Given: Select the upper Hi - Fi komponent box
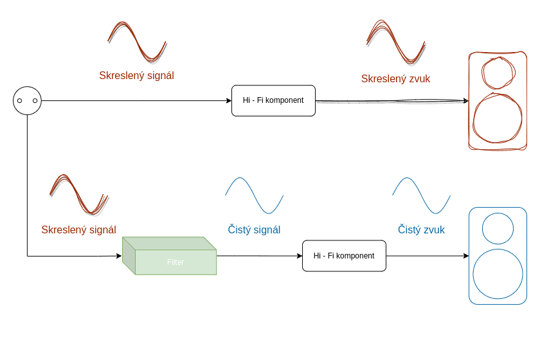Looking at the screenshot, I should pyautogui.click(x=273, y=101).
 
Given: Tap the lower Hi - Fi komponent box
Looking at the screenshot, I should pyautogui.click(x=344, y=256).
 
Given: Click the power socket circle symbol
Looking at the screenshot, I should pyautogui.click(x=27, y=101).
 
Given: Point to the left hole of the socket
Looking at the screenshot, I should pyautogui.click(x=19, y=101).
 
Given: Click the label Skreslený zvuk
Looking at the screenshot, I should pyautogui.click(x=395, y=79).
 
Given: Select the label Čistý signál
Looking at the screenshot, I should pyautogui.click(x=254, y=230).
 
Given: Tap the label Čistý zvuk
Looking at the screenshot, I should pyautogui.click(x=421, y=230).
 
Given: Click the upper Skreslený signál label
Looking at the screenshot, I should pyautogui.click(x=136, y=76).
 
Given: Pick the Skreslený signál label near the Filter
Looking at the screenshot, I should pyautogui.click(x=78, y=230).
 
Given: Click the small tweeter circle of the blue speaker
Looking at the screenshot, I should pyautogui.click(x=498, y=228).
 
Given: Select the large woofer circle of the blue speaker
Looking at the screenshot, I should pyautogui.click(x=498, y=274).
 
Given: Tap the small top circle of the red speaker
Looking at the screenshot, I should pyautogui.click(x=498, y=73).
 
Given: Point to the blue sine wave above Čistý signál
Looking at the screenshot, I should pyautogui.click(x=254, y=195).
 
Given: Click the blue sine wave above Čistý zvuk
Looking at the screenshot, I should pyautogui.click(x=421, y=195).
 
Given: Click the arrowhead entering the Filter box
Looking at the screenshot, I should pyautogui.click(x=119, y=256).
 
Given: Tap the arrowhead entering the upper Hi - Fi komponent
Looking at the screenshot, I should pyautogui.click(x=229, y=101).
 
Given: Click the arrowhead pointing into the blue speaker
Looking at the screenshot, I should pyautogui.click(x=466, y=256).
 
